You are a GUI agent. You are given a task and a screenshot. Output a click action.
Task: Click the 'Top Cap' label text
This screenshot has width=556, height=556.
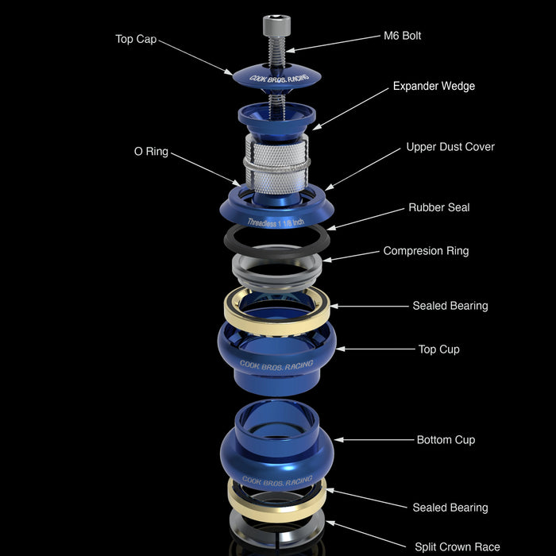[x=136, y=39]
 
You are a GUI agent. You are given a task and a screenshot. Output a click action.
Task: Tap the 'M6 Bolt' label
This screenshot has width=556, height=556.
[x=402, y=36]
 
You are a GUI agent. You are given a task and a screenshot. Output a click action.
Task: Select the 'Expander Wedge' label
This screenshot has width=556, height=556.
[x=434, y=86]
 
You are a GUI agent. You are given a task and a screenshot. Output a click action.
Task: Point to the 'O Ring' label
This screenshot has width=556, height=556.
[x=151, y=152]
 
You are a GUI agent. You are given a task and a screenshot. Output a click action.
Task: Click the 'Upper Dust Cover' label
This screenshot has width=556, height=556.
[x=450, y=147]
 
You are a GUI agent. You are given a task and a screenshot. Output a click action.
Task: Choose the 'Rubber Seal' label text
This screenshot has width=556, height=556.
[x=439, y=207]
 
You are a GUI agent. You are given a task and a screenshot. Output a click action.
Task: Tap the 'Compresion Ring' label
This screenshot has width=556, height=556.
[x=426, y=251]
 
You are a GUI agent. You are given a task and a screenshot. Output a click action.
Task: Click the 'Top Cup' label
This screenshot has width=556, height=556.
[x=439, y=349]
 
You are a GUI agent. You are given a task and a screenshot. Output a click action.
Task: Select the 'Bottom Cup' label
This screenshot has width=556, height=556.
[x=446, y=440]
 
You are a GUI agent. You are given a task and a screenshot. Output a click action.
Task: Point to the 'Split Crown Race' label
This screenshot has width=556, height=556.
[x=458, y=546]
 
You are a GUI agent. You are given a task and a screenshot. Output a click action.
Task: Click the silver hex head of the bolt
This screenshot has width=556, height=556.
[x=276, y=25]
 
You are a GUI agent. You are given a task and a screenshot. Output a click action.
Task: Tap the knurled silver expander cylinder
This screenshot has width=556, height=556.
[x=276, y=164]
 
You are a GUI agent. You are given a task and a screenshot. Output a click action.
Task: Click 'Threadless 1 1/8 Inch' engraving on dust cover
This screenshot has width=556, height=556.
[x=276, y=222]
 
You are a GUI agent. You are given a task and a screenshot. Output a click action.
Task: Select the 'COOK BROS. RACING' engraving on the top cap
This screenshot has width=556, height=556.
[x=278, y=79]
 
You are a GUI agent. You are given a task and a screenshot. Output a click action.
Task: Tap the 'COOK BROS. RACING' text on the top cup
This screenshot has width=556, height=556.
[x=276, y=365]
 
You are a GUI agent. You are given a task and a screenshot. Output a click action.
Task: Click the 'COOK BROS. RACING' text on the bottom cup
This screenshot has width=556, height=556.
[x=277, y=481]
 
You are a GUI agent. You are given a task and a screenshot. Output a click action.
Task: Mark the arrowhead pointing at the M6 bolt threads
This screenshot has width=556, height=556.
[x=290, y=50]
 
